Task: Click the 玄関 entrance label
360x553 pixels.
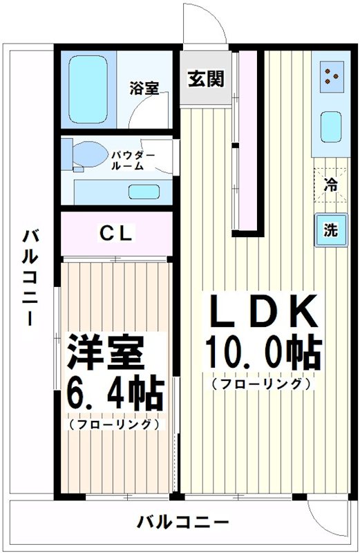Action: pyautogui.click(x=205, y=79)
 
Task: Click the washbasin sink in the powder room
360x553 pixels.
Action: pyautogui.click(x=144, y=192)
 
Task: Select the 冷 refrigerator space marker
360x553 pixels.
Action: pyautogui.click(x=331, y=185)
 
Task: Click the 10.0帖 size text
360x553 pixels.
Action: pyautogui.click(x=263, y=354)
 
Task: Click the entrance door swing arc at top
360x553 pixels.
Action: pyautogui.click(x=205, y=24)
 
